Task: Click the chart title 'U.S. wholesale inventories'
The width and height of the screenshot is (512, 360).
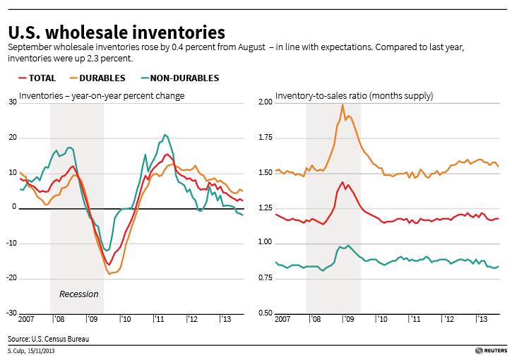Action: point(117,32)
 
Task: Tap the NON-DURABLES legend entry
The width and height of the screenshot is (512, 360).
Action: point(180,78)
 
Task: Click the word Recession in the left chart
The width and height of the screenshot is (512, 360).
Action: point(78,294)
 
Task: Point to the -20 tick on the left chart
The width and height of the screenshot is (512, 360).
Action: point(11,278)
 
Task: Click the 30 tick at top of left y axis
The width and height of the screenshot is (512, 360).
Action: point(12,102)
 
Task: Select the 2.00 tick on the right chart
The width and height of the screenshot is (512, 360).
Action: point(265,102)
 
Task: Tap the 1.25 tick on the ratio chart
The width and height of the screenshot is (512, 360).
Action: point(265,208)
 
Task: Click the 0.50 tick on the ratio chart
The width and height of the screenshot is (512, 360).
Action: point(265,313)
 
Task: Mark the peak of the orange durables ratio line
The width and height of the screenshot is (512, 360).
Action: point(343,105)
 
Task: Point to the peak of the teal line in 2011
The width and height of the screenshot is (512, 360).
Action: point(165,135)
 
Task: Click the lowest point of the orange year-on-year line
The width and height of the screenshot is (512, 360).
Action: point(110,273)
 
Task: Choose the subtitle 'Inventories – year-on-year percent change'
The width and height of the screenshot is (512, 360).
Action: point(102,95)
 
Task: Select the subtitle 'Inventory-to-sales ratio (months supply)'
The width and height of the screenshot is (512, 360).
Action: point(354,95)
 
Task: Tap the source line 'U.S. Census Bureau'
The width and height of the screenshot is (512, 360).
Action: point(49,339)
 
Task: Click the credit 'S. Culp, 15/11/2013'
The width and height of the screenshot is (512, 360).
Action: point(31,352)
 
